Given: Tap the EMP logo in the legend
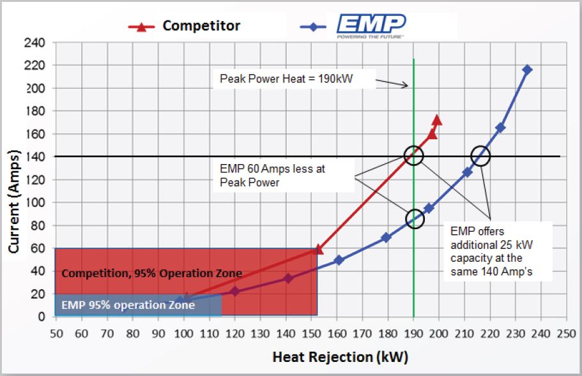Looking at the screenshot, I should click(371, 27).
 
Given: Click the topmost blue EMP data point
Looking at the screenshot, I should click(527, 70).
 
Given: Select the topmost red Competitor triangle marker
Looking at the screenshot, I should click(437, 119).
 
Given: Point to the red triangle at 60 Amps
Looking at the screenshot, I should click(319, 249).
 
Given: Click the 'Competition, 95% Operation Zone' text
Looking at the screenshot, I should click(151, 273).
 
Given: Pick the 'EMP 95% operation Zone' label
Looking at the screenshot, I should click(128, 305).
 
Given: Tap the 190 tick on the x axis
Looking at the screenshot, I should click(413, 332).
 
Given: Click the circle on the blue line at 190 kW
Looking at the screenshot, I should click(414, 219).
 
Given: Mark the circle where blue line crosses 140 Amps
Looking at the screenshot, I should click(480, 155).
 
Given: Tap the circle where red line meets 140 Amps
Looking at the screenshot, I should click(414, 155).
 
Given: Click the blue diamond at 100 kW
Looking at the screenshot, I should click(184, 299).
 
